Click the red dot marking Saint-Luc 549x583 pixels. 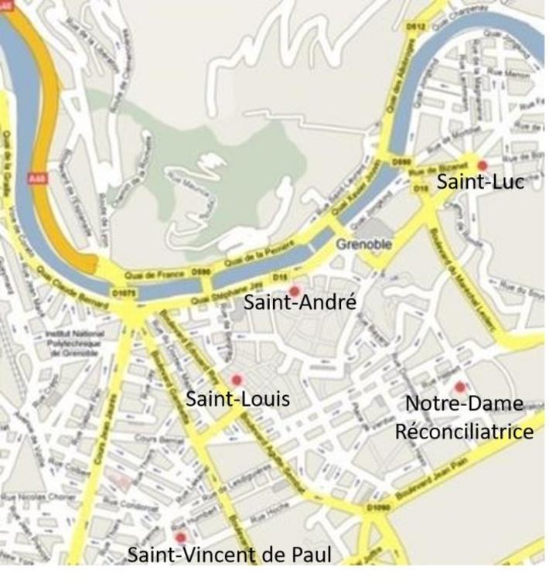[x=483, y=165]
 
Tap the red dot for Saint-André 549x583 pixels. [x=294, y=291]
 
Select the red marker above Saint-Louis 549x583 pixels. [x=237, y=380]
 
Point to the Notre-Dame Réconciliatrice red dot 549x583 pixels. [x=459, y=387]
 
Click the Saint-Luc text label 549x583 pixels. [x=480, y=182]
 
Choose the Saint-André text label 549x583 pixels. [x=300, y=303]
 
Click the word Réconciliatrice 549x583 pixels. [x=464, y=431]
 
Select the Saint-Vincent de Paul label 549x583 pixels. [x=230, y=555]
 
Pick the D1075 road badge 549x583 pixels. [x=124, y=293]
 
